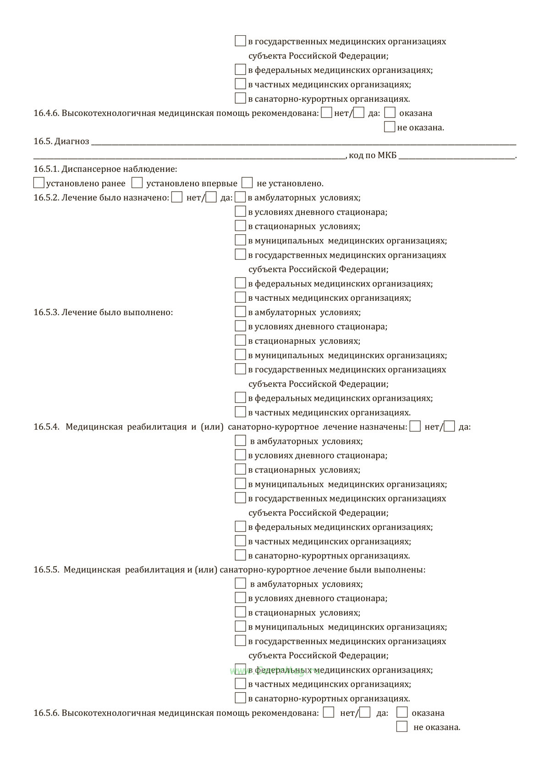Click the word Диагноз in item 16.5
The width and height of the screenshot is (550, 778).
click(x=71, y=141)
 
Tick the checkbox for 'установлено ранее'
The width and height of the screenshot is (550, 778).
click(x=39, y=183)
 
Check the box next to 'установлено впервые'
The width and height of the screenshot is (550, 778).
click(x=137, y=183)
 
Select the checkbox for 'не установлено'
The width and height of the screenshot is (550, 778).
click(x=247, y=183)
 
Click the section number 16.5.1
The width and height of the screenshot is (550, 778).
click(x=46, y=169)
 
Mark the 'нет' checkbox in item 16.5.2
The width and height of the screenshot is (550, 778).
click(x=177, y=198)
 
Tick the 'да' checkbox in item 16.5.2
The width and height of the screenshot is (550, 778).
click(x=211, y=198)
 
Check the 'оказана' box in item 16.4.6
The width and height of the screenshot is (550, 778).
click(x=390, y=112)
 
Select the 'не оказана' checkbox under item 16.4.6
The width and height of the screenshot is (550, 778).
click(x=390, y=127)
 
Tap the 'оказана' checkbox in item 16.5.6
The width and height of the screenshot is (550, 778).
click(x=402, y=712)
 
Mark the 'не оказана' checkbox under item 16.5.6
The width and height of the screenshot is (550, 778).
click(x=402, y=727)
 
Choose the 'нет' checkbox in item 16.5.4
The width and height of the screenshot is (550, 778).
click(x=415, y=426)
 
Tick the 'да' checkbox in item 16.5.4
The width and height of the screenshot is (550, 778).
click(x=450, y=426)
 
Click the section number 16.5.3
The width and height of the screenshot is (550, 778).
click(x=46, y=313)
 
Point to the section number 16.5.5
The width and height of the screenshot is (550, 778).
click(x=46, y=570)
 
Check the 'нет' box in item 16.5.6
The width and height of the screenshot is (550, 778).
click(x=329, y=712)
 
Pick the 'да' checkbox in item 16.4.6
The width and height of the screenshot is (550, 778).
click(x=359, y=112)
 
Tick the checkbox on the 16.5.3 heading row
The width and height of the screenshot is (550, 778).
click(x=240, y=312)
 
